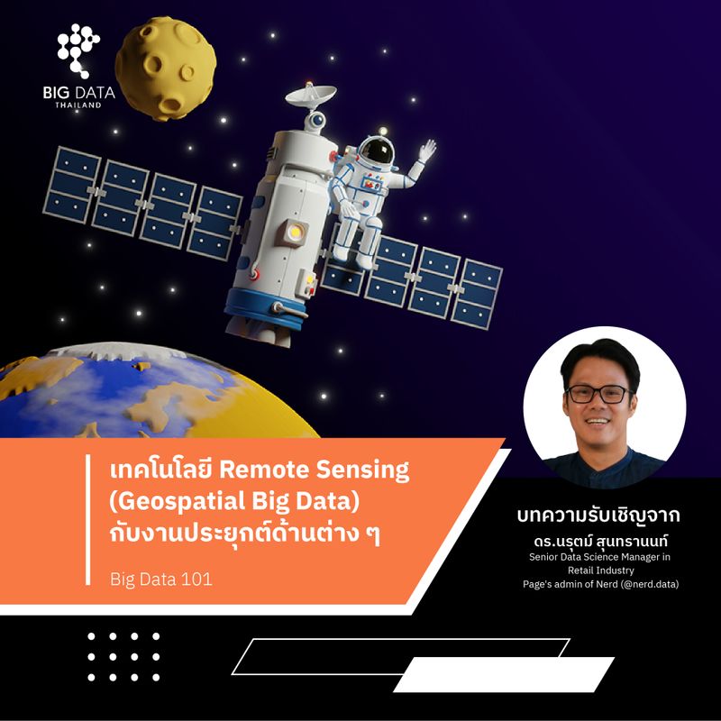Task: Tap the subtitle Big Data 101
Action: (x=160, y=579)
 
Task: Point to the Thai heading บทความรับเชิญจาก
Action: (x=598, y=517)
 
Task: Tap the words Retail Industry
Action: (x=601, y=570)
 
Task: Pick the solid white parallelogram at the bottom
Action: (x=504, y=674)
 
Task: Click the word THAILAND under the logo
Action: (x=78, y=105)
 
